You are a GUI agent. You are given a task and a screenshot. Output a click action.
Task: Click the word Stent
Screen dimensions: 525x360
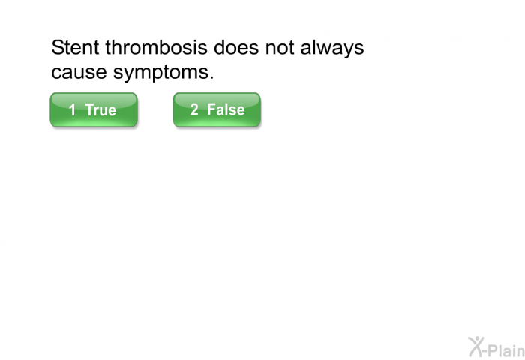[x=75, y=47]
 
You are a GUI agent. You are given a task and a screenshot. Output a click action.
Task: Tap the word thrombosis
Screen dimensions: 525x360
[x=156, y=47]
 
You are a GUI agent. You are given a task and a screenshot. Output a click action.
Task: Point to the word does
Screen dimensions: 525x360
[x=236, y=47]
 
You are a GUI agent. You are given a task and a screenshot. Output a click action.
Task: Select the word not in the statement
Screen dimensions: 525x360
[x=280, y=48]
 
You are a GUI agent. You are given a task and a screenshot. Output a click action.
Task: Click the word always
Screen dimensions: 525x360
[x=332, y=49]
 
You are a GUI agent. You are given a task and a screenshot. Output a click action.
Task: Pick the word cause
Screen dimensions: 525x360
[x=79, y=72]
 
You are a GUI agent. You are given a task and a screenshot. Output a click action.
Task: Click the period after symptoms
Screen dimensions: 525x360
[x=211, y=78]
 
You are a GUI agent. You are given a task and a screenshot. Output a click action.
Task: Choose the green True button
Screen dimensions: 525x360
[x=94, y=109]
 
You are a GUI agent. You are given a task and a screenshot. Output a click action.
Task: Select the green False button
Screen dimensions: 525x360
[x=217, y=109]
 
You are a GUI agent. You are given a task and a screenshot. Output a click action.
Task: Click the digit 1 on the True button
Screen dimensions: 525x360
[x=72, y=109]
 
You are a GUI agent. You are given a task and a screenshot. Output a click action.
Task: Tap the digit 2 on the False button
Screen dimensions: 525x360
[x=194, y=109]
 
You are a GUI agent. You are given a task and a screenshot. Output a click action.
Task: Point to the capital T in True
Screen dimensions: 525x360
[x=91, y=109]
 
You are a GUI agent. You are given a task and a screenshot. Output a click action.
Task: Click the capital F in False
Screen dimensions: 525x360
[x=211, y=109]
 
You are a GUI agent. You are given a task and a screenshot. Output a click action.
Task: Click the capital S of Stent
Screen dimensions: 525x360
[x=57, y=47]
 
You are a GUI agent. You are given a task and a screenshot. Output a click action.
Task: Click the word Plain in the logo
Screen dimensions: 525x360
[x=507, y=350]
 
